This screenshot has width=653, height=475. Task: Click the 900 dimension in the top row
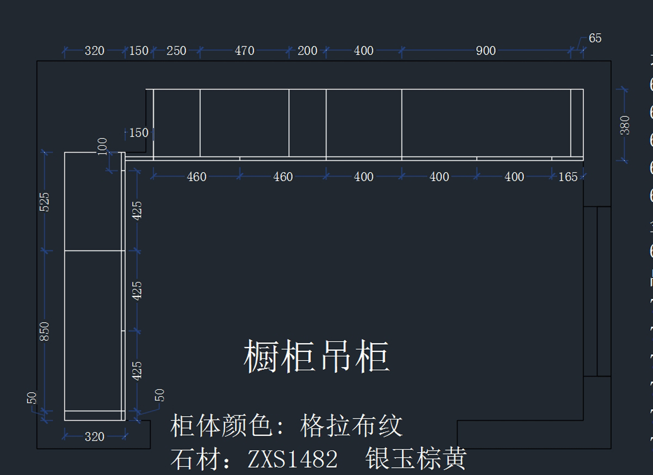(485, 51)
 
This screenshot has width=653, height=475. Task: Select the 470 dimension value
(244, 51)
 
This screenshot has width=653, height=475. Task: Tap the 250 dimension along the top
(176, 51)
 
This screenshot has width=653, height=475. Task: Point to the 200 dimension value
(307, 51)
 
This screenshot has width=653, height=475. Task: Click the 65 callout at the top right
(595, 38)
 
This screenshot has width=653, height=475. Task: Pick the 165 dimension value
(568, 176)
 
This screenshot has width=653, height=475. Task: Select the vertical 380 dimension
(625, 125)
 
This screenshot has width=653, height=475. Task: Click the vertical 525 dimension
(45, 202)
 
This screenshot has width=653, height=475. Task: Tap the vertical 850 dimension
(45, 331)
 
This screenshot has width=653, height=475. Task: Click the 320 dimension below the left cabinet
(94, 436)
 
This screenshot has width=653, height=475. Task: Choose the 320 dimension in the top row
(94, 51)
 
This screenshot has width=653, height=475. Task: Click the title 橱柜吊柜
(316, 357)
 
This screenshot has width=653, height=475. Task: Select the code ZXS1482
(293, 459)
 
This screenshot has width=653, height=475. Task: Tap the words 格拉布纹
(351, 425)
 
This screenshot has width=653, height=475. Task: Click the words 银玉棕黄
(416, 459)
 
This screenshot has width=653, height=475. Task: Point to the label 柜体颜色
(221, 425)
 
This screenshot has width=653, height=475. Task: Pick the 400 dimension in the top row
(364, 51)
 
